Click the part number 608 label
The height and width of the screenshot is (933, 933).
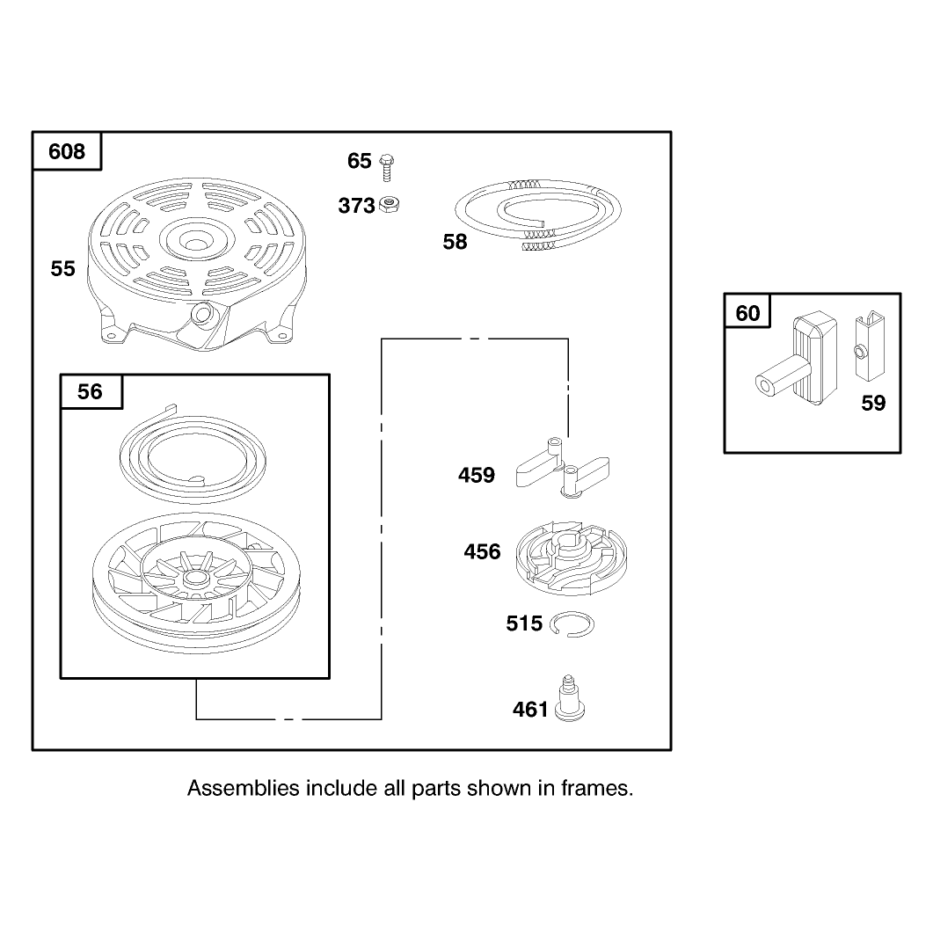point(67,152)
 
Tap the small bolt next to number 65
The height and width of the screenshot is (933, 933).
point(386,167)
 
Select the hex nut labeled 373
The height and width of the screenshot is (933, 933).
point(390,204)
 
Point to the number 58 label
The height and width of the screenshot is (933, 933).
point(456,242)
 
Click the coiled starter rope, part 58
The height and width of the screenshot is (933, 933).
point(537,215)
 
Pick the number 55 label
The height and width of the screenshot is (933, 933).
point(62,269)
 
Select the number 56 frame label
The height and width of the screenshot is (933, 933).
point(90,391)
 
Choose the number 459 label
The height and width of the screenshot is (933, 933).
point(477,476)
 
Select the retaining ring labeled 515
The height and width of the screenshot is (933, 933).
point(572,624)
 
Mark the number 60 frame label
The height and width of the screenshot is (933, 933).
point(748,314)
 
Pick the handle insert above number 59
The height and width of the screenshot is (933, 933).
point(870,346)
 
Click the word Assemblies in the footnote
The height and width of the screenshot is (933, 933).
point(244,789)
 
